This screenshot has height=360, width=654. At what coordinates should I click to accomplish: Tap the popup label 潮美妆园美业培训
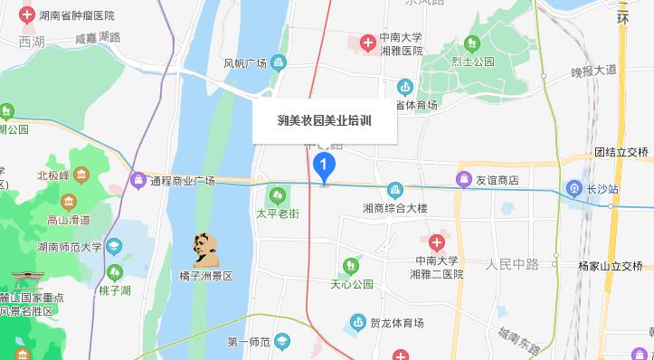(324, 119)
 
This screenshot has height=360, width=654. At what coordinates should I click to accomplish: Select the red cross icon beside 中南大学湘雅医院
(367, 43)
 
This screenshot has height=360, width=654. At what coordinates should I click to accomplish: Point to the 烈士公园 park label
(478, 61)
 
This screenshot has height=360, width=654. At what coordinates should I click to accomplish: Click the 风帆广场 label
(245, 63)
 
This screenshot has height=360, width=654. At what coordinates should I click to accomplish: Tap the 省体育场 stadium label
(420, 105)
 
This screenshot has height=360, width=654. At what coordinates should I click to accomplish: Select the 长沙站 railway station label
(601, 189)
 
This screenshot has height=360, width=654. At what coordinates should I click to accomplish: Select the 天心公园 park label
(352, 284)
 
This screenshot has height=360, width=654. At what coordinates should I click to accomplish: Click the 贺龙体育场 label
(397, 321)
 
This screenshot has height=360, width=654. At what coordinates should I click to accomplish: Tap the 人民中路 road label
(511, 264)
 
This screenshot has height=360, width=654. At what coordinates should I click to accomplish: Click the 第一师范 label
(248, 342)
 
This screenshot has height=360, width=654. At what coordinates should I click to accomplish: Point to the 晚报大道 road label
(592, 70)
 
